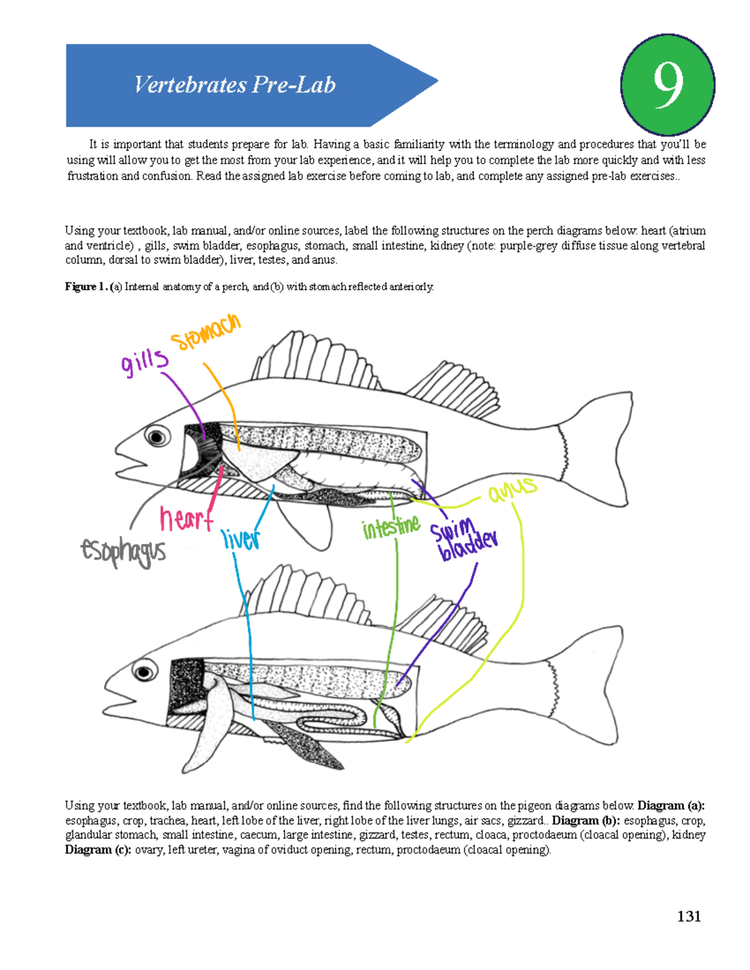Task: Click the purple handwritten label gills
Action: click(144, 362)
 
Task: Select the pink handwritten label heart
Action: click(186, 518)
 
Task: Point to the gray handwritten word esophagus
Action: click(123, 552)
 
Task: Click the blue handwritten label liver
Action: click(241, 538)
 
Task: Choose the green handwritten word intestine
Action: click(391, 527)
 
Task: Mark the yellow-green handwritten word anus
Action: click(512, 490)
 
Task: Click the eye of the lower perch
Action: click(144, 673)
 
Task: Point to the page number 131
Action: click(689, 916)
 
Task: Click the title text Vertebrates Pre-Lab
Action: click(235, 85)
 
